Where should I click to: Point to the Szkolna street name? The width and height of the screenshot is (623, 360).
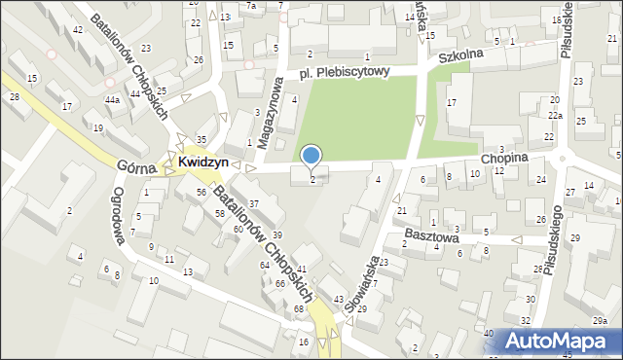[x=460, y=57]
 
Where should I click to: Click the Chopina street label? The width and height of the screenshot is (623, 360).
[x=503, y=157]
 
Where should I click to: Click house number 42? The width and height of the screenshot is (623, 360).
[x=77, y=30]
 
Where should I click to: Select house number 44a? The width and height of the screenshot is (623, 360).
[x=113, y=100]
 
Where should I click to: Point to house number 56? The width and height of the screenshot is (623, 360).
[x=200, y=193]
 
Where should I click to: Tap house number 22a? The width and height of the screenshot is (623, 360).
[x=554, y=115]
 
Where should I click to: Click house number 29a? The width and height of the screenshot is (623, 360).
[x=601, y=321]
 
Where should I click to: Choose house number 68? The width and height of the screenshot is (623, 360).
[x=299, y=308]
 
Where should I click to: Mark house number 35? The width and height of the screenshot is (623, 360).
[x=202, y=140]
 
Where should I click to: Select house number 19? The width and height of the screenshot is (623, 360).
[x=97, y=127]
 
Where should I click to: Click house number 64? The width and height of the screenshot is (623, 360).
[x=264, y=266]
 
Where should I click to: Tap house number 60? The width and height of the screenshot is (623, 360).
[x=238, y=230]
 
